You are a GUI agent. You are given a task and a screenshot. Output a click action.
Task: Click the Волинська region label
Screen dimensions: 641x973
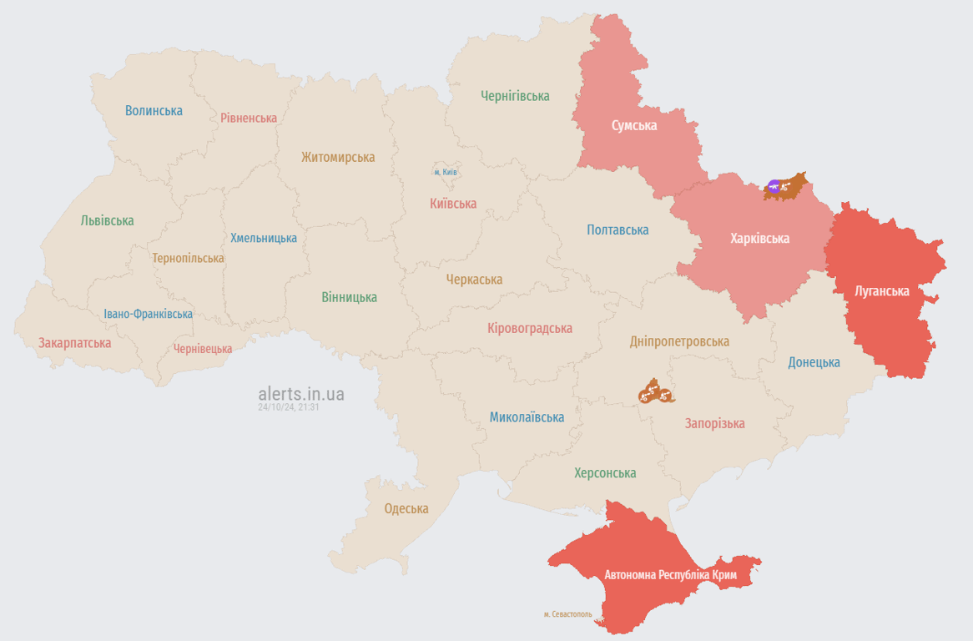154,110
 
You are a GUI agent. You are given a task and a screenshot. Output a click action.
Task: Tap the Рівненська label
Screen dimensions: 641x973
249,118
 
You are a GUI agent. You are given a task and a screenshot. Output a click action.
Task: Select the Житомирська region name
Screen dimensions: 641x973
338,157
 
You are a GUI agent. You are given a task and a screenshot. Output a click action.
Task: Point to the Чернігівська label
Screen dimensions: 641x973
515,96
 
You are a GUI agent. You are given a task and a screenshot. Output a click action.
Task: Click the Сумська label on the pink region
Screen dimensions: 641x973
634,125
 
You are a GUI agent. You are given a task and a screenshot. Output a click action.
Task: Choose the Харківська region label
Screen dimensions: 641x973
759,239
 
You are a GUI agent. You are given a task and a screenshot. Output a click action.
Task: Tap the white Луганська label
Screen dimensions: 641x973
882,291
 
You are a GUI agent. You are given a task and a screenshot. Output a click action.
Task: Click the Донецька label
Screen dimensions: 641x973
814,362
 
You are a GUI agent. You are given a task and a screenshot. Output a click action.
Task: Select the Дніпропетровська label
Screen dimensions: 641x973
679,341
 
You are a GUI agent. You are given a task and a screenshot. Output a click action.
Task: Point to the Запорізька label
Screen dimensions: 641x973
714,423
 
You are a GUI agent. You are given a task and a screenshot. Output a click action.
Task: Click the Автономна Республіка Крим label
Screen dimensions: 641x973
671,575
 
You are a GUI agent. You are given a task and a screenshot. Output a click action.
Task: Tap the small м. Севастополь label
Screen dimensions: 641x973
567,614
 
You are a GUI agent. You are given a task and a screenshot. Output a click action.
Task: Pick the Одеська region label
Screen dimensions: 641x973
406,508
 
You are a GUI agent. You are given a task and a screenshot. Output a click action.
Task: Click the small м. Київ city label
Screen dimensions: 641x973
446,172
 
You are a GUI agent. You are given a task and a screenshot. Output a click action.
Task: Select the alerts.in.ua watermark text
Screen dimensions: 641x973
301,394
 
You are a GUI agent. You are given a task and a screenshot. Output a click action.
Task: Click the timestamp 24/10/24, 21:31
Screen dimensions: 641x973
289,407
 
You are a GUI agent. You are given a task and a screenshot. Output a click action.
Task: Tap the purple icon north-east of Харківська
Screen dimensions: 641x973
774,186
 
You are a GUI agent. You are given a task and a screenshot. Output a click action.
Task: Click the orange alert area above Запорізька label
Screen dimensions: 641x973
656,391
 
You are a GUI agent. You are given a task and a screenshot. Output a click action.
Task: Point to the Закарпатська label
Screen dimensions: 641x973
74,342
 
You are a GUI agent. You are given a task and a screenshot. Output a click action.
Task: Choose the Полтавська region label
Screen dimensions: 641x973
618,230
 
